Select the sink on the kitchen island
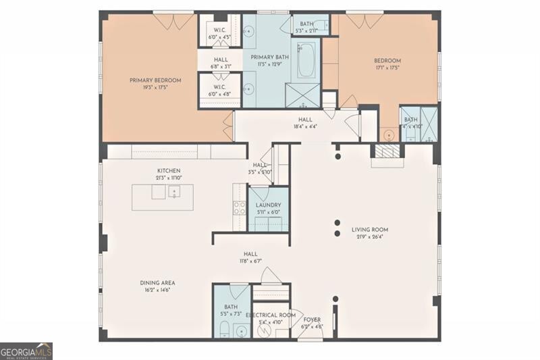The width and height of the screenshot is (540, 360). click(x=173, y=193)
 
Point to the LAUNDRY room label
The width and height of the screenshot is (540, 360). click(x=268, y=205)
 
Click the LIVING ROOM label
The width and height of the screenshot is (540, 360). click(x=369, y=230)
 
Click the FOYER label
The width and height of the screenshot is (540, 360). click(x=312, y=319)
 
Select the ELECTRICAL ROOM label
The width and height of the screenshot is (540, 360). click(x=270, y=315)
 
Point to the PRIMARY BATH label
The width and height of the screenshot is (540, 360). click(x=270, y=57)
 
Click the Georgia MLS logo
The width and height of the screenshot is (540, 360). click(x=26, y=351)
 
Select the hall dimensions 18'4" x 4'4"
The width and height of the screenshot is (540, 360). click(x=306, y=126)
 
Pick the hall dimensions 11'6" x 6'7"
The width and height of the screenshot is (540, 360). click(x=250, y=261)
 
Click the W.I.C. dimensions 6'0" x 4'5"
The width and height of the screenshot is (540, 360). click(x=220, y=36)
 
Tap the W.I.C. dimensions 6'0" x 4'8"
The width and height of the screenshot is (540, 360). click(x=220, y=94)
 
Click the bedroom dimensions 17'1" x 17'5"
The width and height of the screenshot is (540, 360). click(x=387, y=68)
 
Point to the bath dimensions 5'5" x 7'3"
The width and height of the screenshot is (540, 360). click(x=231, y=315)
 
